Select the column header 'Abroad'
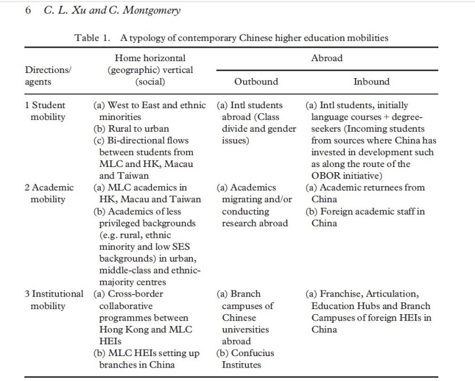(326, 58)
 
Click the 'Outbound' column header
(256, 82)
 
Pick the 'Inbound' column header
(371, 82)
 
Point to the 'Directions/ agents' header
(45, 76)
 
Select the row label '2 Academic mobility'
(49, 193)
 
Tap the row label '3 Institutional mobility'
(53, 300)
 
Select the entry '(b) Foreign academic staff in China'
(365, 217)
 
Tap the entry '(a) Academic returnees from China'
(365, 193)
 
